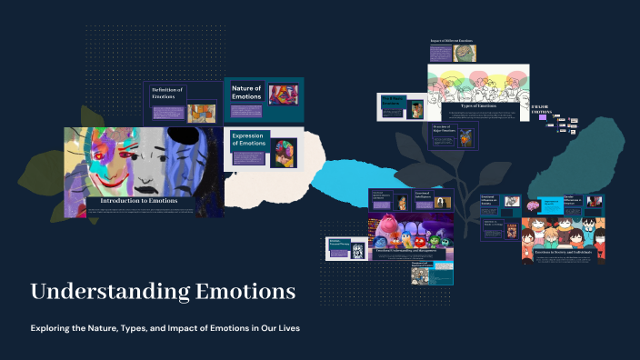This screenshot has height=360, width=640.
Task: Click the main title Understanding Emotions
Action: coord(163,292)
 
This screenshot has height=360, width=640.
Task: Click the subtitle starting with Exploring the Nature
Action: coord(165,327)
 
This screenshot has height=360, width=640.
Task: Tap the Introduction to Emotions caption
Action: coord(139,200)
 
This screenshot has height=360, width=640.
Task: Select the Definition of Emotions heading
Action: coord(167,93)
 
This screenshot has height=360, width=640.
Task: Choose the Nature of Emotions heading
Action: coord(246,92)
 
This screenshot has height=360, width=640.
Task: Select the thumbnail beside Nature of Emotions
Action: coord(283,95)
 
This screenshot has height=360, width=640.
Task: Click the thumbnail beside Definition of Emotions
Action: coord(201,113)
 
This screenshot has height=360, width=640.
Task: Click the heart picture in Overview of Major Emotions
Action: coord(465,137)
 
